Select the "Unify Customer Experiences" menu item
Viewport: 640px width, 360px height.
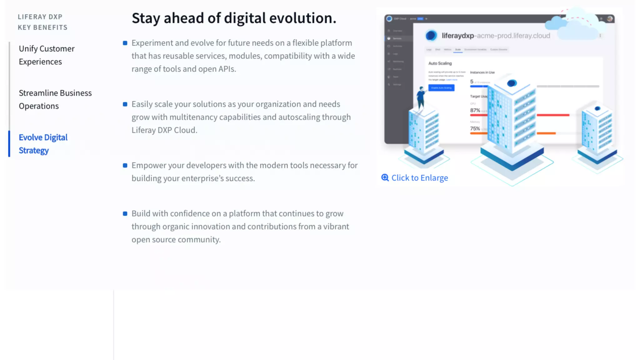tap(47, 55)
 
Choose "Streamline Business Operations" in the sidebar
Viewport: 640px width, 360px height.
tap(55, 99)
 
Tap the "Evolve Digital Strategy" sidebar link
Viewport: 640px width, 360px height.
tap(43, 144)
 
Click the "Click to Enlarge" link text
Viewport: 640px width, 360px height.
tap(419, 178)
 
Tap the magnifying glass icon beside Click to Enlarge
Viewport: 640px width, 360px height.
tap(385, 177)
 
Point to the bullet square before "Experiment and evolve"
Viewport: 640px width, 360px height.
tap(125, 43)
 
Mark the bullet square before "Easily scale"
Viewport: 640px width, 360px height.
tap(125, 104)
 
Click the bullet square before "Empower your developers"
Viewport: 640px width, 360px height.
tap(125, 166)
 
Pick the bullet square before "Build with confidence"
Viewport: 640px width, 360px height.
tap(125, 214)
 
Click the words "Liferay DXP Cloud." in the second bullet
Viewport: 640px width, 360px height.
tap(164, 130)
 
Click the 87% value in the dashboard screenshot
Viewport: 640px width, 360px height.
tap(475, 110)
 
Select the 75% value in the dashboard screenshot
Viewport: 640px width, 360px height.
tap(475, 128)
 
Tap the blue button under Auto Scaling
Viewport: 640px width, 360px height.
tap(441, 88)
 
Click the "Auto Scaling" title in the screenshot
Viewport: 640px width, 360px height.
tap(440, 63)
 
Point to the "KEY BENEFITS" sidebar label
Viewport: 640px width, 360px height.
tap(42, 27)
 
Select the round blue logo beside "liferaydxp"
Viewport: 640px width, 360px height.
tap(431, 35)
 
